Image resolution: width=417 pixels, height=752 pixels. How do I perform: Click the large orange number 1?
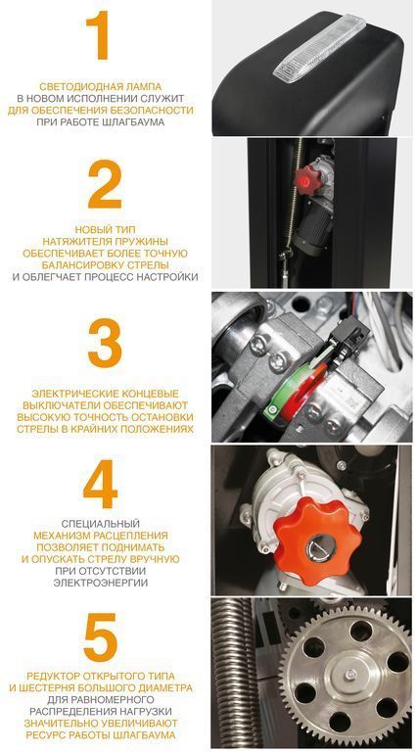coord(98,35)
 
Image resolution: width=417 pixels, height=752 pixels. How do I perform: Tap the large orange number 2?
coord(105,184)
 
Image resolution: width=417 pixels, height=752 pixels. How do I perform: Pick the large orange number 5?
coord(101,637)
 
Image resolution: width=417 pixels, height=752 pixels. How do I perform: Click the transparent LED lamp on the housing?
coord(318,45)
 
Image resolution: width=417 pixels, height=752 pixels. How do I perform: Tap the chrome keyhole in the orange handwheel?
coord(321,545)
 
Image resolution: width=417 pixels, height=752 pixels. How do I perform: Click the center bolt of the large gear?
coord(351,675)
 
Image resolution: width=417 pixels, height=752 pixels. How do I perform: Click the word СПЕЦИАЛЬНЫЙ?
coord(100,524)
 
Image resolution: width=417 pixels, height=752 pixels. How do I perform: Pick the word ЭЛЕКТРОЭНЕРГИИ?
coord(101,584)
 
